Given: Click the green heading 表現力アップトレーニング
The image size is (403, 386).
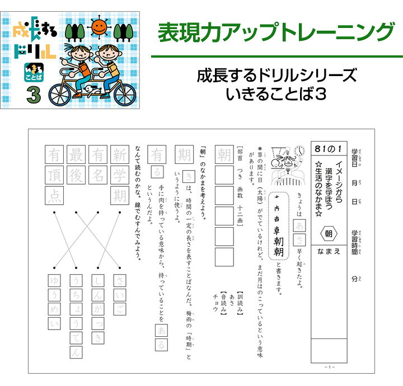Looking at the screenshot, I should tap(275, 32).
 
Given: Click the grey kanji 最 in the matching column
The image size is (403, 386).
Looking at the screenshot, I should tap(76, 154).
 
